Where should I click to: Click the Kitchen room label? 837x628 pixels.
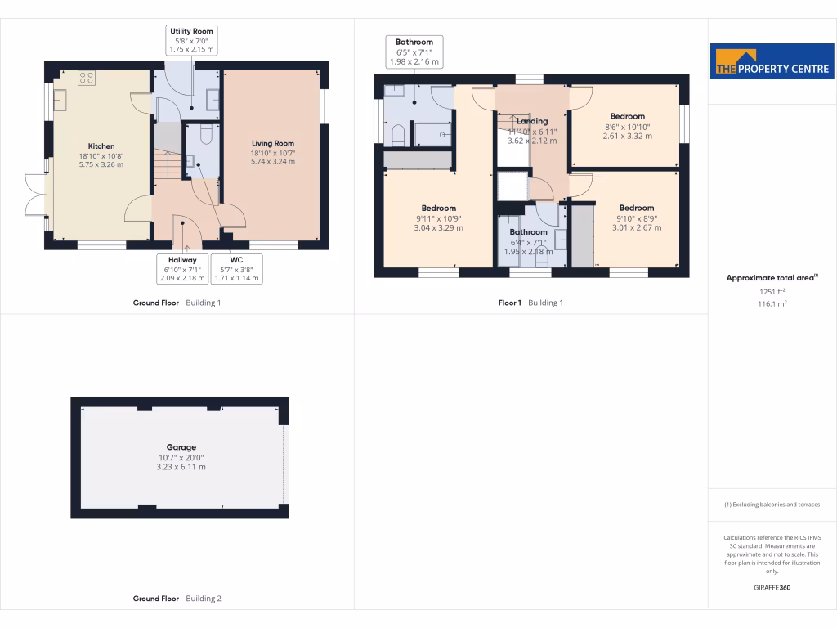coord(101,146)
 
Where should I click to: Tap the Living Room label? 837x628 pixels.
coord(272,143)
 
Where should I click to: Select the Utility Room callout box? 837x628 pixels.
coord(191,40)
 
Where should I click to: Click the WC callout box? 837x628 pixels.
coord(236,268)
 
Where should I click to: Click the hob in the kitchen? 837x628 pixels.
coord(87,78)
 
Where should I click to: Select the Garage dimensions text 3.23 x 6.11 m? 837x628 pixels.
coord(181,467)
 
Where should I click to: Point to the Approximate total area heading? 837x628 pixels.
coord(772,278)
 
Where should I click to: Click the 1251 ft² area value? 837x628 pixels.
coord(772,291)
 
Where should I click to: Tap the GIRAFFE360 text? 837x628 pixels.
coord(772,588)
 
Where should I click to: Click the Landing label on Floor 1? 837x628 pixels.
coord(532,121)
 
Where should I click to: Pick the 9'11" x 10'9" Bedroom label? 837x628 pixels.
coord(439,209)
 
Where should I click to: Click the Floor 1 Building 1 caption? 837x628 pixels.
coord(530,303)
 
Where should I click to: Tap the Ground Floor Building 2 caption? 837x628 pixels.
coord(177,599)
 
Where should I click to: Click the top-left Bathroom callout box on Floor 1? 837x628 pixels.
coord(414,52)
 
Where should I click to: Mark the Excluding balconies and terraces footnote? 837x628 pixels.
coord(772,505)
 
